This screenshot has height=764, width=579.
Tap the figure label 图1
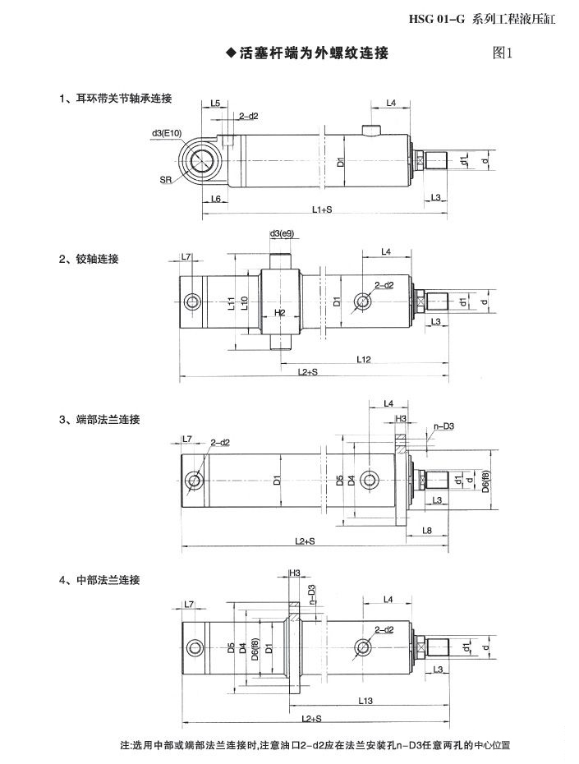pos(502,54)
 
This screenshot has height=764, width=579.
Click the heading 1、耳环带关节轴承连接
pos(115,99)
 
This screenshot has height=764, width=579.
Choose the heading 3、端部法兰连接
pos(99,420)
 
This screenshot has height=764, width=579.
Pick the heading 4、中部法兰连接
pos(99,580)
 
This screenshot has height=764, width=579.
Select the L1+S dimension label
pos(322,211)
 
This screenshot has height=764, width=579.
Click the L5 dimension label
pos(215,104)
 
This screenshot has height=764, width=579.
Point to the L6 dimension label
pos(215,200)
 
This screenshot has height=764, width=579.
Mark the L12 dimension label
pos(365,359)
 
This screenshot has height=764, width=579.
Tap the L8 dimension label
pos(426,531)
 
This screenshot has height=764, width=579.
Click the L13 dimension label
pos(366,701)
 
